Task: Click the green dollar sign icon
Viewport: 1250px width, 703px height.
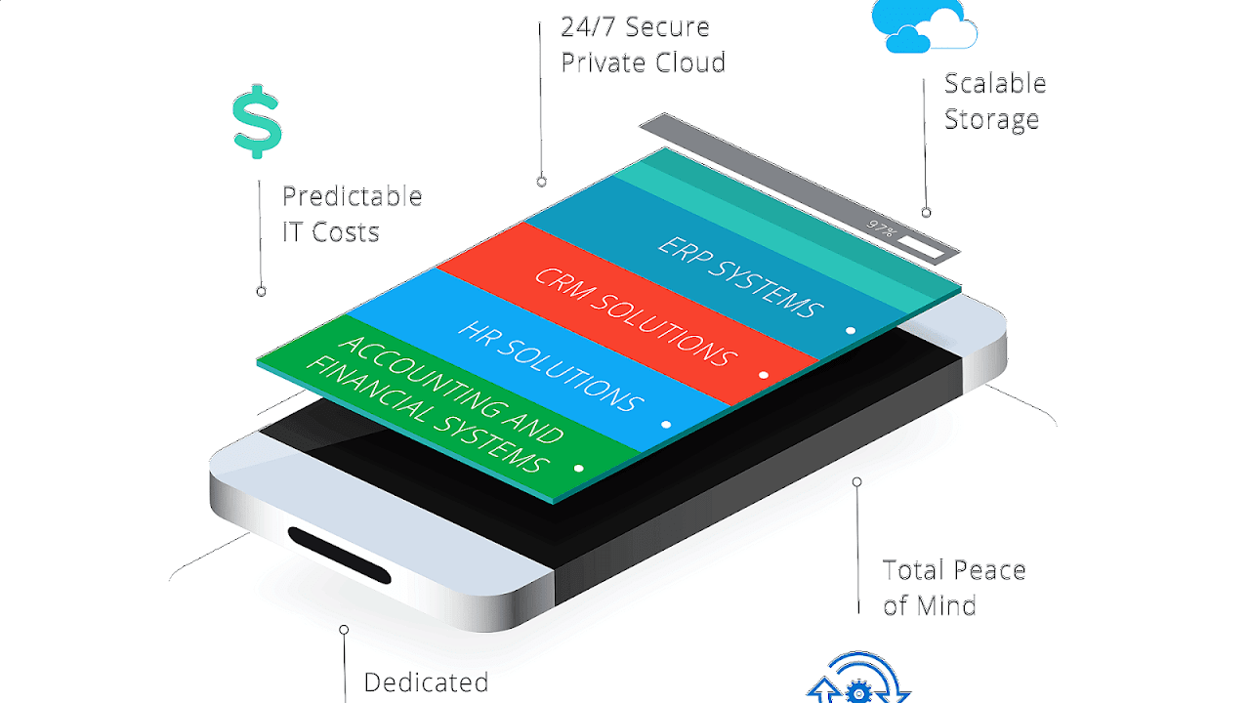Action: tap(257, 121)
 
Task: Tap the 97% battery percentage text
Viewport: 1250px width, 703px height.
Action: tap(881, 230)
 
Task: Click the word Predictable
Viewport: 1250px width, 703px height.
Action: tap(352, 196)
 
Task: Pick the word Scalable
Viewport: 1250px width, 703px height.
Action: tap(994, 84)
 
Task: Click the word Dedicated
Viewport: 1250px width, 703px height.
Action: tap(426, 682)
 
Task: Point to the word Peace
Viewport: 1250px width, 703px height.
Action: tap(989, 570)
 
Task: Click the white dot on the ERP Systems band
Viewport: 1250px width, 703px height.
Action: tap(851, 331)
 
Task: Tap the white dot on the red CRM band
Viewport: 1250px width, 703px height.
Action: tap(763, 375)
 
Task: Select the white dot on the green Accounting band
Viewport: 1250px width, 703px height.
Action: tap(578, 469)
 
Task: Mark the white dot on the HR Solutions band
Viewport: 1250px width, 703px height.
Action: tap(666, 425)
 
